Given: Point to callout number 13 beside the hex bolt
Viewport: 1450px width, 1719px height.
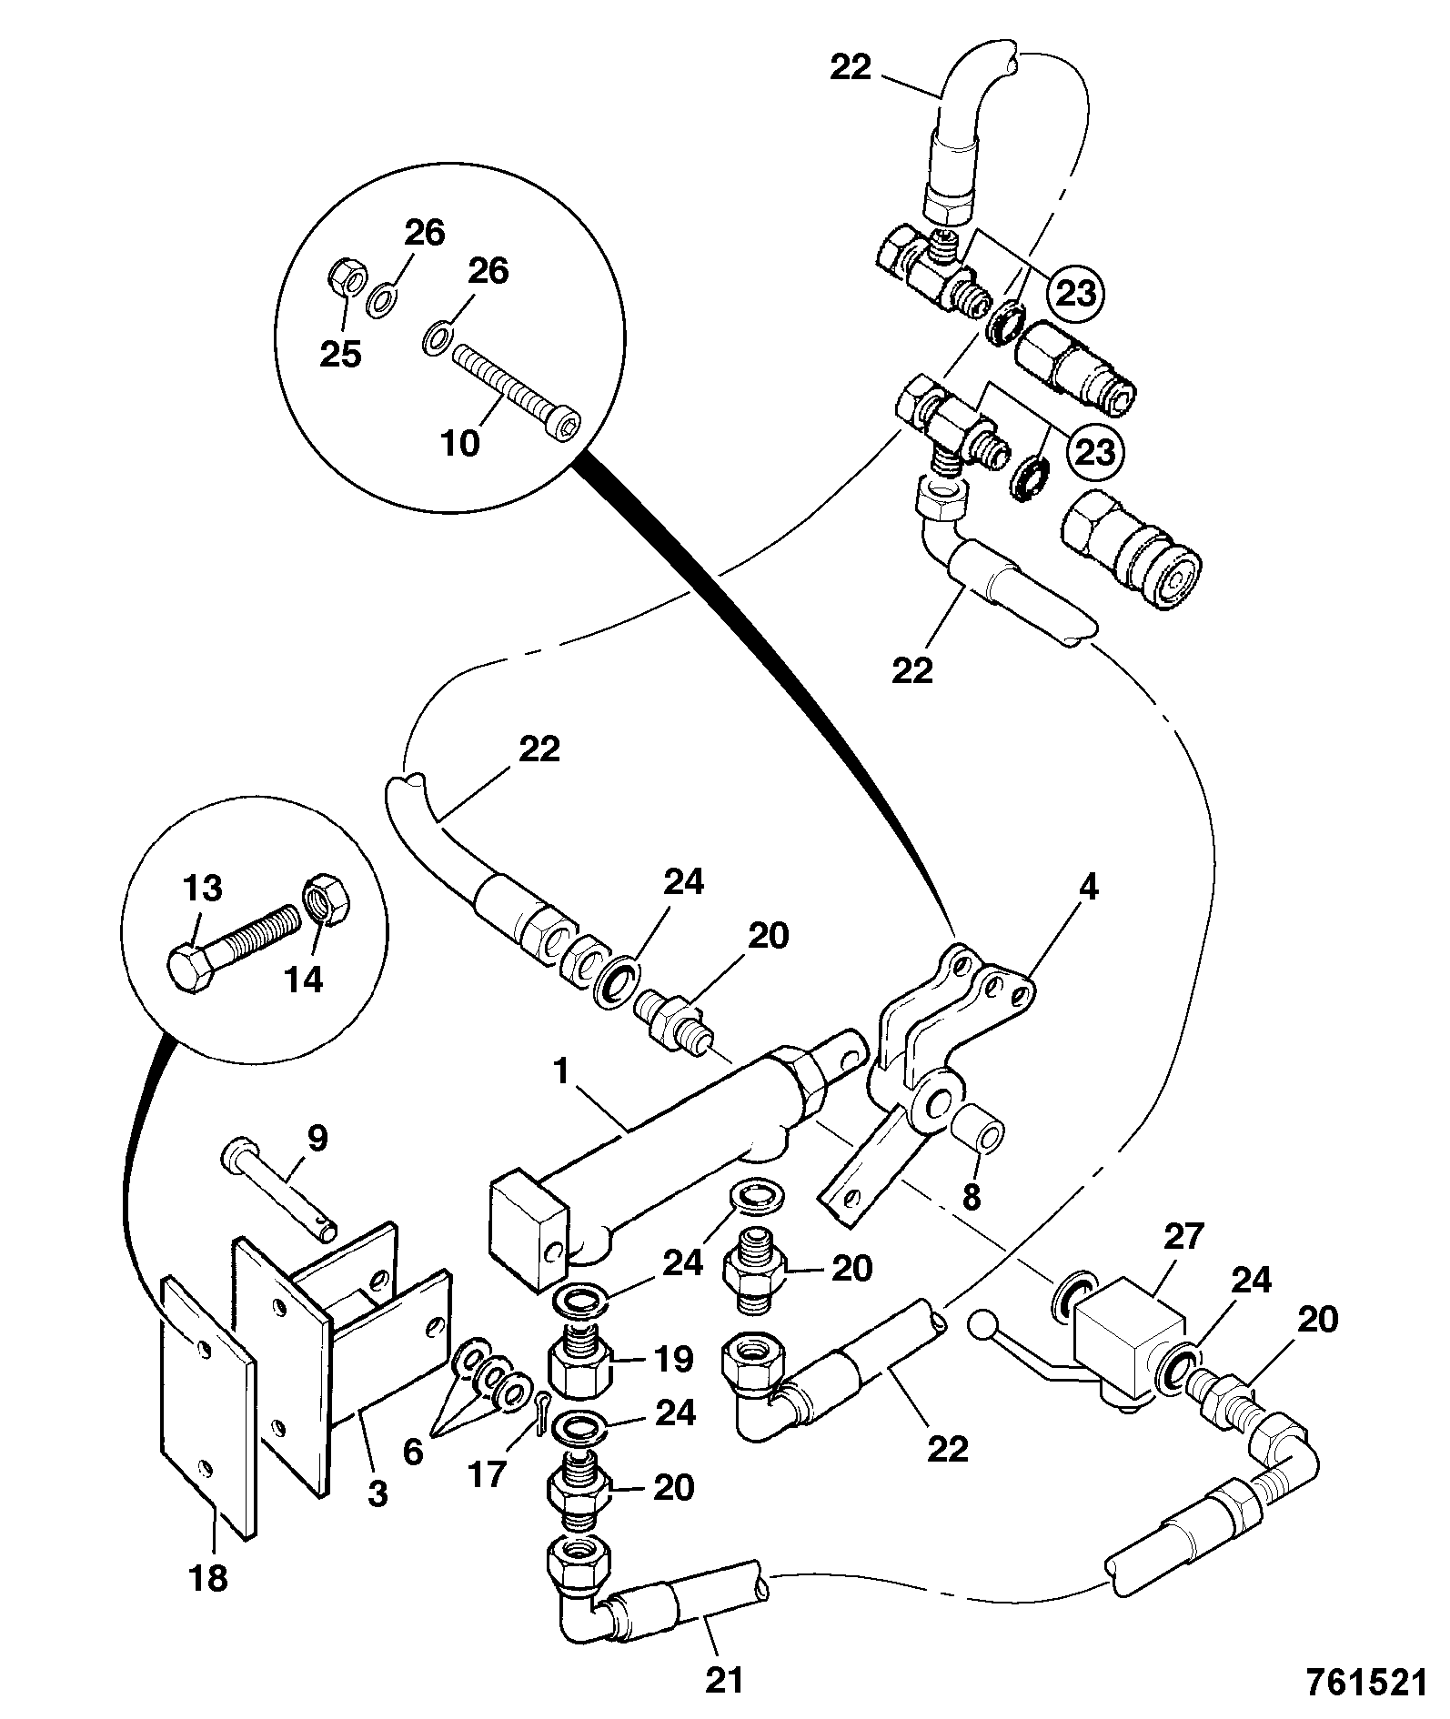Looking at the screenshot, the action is [202, 887].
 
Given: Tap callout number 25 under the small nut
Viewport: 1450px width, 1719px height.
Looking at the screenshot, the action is [340, 354].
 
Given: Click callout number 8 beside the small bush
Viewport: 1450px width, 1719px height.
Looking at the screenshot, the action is [972, 1197].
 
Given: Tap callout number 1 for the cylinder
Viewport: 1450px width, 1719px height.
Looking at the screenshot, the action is [561, 1071].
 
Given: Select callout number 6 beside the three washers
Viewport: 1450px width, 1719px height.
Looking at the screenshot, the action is [412, 1452].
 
